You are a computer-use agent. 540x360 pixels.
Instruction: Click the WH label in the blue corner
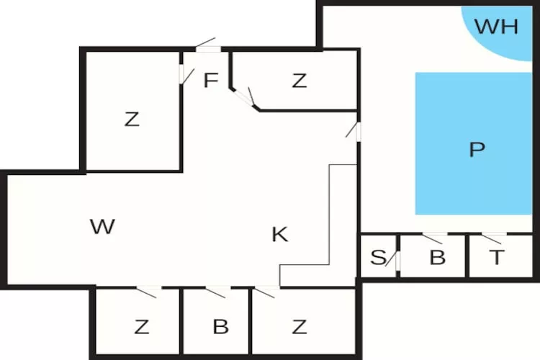(x=498, y=27)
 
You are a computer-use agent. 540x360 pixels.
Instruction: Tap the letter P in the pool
(x=477, y=150)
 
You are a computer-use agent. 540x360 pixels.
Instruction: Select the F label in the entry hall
(x=210, y=81)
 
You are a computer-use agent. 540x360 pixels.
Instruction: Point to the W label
(x=103, y=227)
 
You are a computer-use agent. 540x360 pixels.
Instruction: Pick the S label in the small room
(x=377, y=257)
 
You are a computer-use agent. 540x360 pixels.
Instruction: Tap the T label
(x=497, y=257)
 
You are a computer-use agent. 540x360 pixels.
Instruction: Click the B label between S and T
(x=437, y=257)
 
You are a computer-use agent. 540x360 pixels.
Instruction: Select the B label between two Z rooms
(x=220, y=327)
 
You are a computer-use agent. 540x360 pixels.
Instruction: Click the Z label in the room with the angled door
(x=300, y=81)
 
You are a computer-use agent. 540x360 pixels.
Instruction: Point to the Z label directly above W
(x=131, y=120)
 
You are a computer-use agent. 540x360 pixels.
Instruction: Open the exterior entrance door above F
(x=207, y=45)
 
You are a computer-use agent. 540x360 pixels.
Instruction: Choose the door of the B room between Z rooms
(x=217, y=292)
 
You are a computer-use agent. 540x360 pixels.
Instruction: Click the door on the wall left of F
(x=184, y=74)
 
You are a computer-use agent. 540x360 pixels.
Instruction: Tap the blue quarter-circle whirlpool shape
(x=504, y=32)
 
